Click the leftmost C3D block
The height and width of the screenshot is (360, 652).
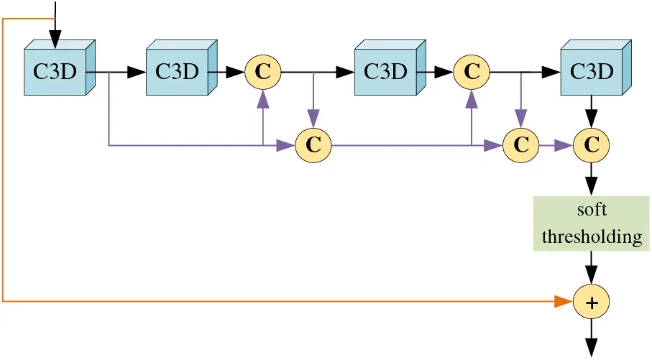(x=56, y=70)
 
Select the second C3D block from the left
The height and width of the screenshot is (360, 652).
(x=178, y=70)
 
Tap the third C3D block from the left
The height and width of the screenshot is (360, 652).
(x=386, y=70)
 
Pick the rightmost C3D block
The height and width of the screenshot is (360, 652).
(x=592, y=70)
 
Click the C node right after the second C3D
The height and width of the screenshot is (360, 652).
(x=263, y=72)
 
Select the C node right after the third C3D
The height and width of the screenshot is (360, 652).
(x=472, y=72)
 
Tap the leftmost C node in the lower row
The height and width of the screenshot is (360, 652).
(x=313, y=145)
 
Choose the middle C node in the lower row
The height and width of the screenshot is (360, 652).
(x=521, y=145)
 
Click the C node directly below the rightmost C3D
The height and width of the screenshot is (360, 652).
(x=592, y=145)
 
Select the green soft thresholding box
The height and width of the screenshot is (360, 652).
(x=592, y=224)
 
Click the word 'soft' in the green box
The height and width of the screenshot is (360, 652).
(x=592, y=210)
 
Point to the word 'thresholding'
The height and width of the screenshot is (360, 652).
(x=592, y=237)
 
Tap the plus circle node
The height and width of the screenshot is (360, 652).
(x=592, y=303)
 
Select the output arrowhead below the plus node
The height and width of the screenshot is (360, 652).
(x=592, y=348)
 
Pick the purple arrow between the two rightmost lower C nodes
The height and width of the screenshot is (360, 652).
(x=556, y=145)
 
